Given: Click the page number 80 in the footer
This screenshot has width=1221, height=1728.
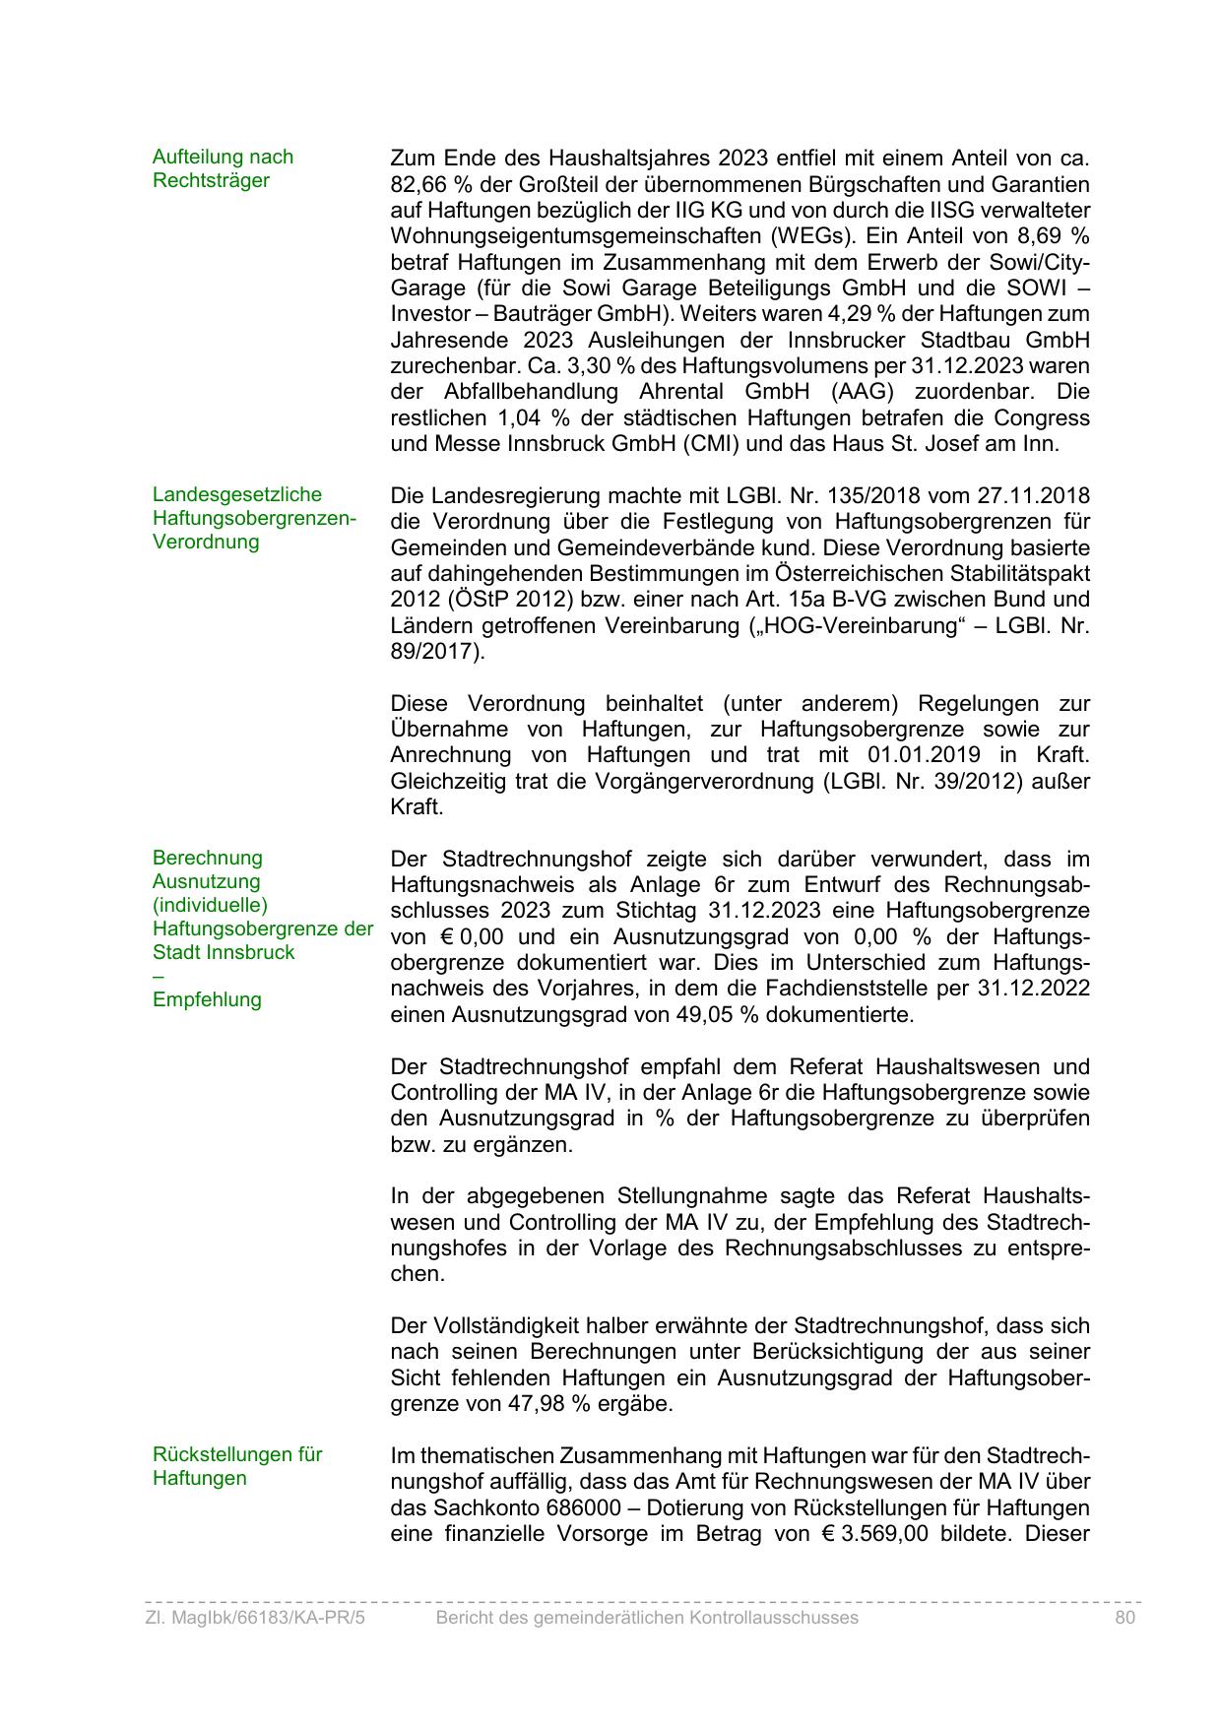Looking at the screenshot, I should click(1125, 1618).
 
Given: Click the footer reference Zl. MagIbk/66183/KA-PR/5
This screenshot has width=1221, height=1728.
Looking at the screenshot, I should click(255, 1618).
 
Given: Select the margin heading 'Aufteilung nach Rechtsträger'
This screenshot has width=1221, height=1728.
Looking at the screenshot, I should click(224, 168).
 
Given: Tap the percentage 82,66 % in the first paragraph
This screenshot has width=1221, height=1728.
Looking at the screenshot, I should click(426, 184).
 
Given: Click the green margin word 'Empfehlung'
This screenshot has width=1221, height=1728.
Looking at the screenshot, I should click(207, 999).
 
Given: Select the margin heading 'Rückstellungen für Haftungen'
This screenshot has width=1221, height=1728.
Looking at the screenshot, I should click(237, 1466).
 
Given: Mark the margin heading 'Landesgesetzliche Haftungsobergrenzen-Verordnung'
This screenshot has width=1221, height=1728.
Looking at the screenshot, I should click(254, 518).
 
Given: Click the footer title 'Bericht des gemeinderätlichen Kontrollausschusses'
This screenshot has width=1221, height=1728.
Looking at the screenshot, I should click(647, 1618).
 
